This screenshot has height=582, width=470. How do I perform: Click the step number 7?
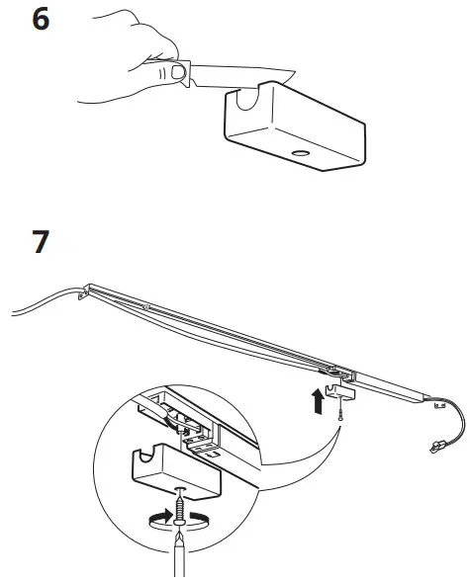coord(41,242)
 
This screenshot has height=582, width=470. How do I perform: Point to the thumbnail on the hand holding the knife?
coord(176,72)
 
